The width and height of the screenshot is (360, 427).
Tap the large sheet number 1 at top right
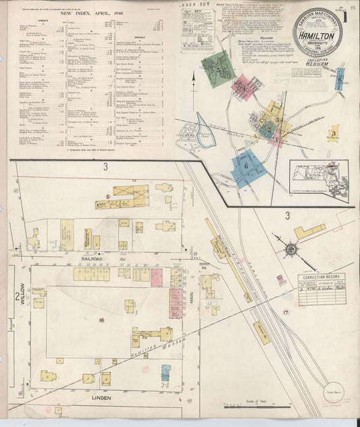coord(346,16)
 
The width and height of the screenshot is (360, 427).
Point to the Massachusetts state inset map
coord(319,179)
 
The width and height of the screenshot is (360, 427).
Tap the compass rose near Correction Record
coord(291,250)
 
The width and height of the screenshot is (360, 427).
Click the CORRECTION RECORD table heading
coord(321,278)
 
